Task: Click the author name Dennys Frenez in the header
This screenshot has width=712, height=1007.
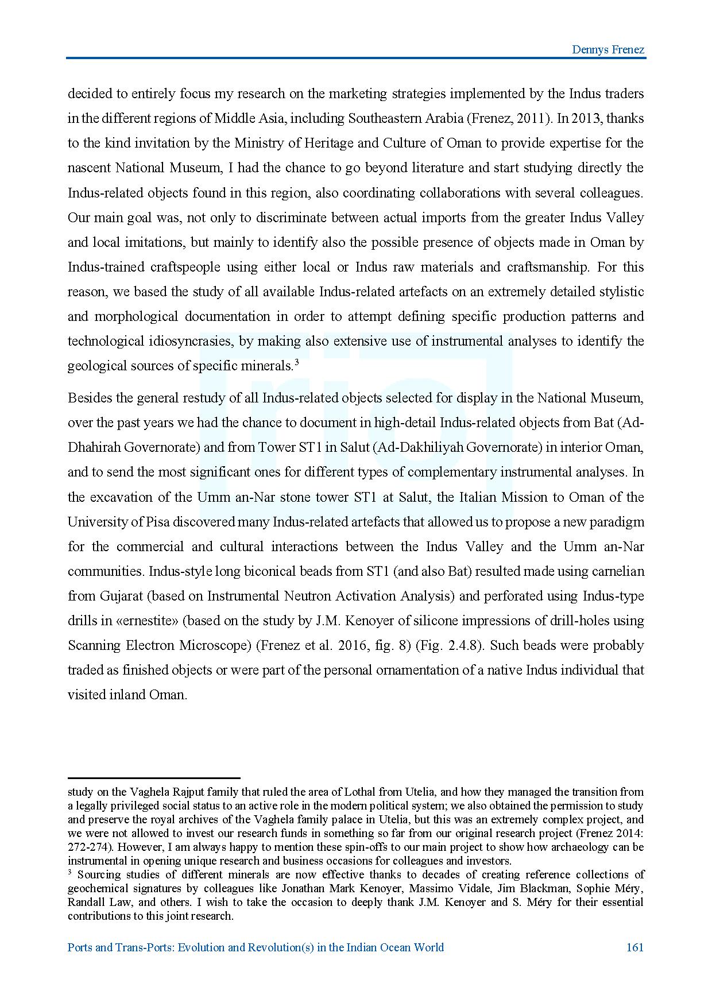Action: tap(608, 49)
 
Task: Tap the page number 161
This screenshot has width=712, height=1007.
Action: tap(634, 947)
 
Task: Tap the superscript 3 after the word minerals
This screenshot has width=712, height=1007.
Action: tap(297, 362)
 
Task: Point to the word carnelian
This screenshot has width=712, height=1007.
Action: tap(616, 571)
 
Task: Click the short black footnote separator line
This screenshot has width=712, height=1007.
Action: tap(153, 778)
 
